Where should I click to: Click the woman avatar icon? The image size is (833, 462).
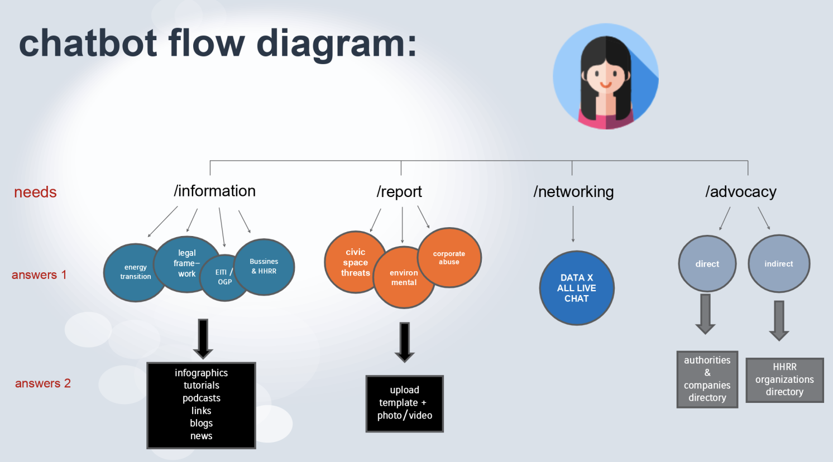(606, 76)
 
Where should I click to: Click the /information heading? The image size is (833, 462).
(214, 191)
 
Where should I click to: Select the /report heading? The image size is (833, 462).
(399, 192)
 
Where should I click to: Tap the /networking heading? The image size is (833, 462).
(573, 192)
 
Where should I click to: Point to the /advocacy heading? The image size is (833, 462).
(740, 192)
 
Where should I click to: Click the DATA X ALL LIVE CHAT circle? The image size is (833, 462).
(577, 288)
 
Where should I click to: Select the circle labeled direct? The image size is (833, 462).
(707, 264)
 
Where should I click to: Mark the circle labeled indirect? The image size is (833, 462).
(779, 264)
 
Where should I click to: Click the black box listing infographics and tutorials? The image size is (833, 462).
(202, 405)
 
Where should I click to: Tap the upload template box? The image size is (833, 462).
(405, 403)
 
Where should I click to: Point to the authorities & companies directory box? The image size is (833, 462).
(707, 379)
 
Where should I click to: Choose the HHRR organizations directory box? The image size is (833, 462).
(784, 380)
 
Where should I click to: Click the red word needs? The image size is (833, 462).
(35, 192)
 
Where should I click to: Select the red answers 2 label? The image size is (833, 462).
(43, 384)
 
